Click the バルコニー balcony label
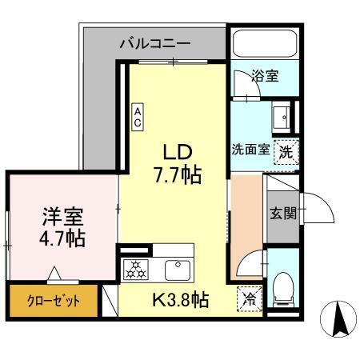[x=157, y=43]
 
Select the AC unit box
[x=138, y=117]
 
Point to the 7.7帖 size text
[x=178, y=173]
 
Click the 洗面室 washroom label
[x=250, y=150]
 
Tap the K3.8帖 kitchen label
[x=181, y=300]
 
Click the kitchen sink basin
[x=175, y=267]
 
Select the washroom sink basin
[x=282, y=118]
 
